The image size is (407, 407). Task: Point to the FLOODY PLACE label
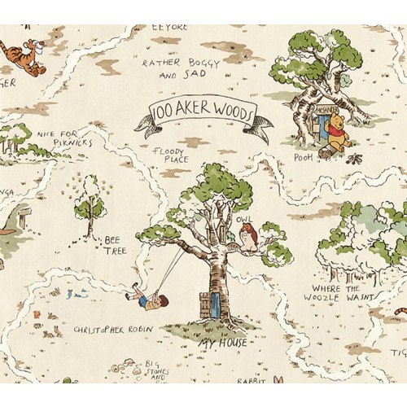(171, 154)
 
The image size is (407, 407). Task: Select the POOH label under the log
(303, 157)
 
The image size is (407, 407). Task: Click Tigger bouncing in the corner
(29, 57)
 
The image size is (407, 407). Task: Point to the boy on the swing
(142, 297)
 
